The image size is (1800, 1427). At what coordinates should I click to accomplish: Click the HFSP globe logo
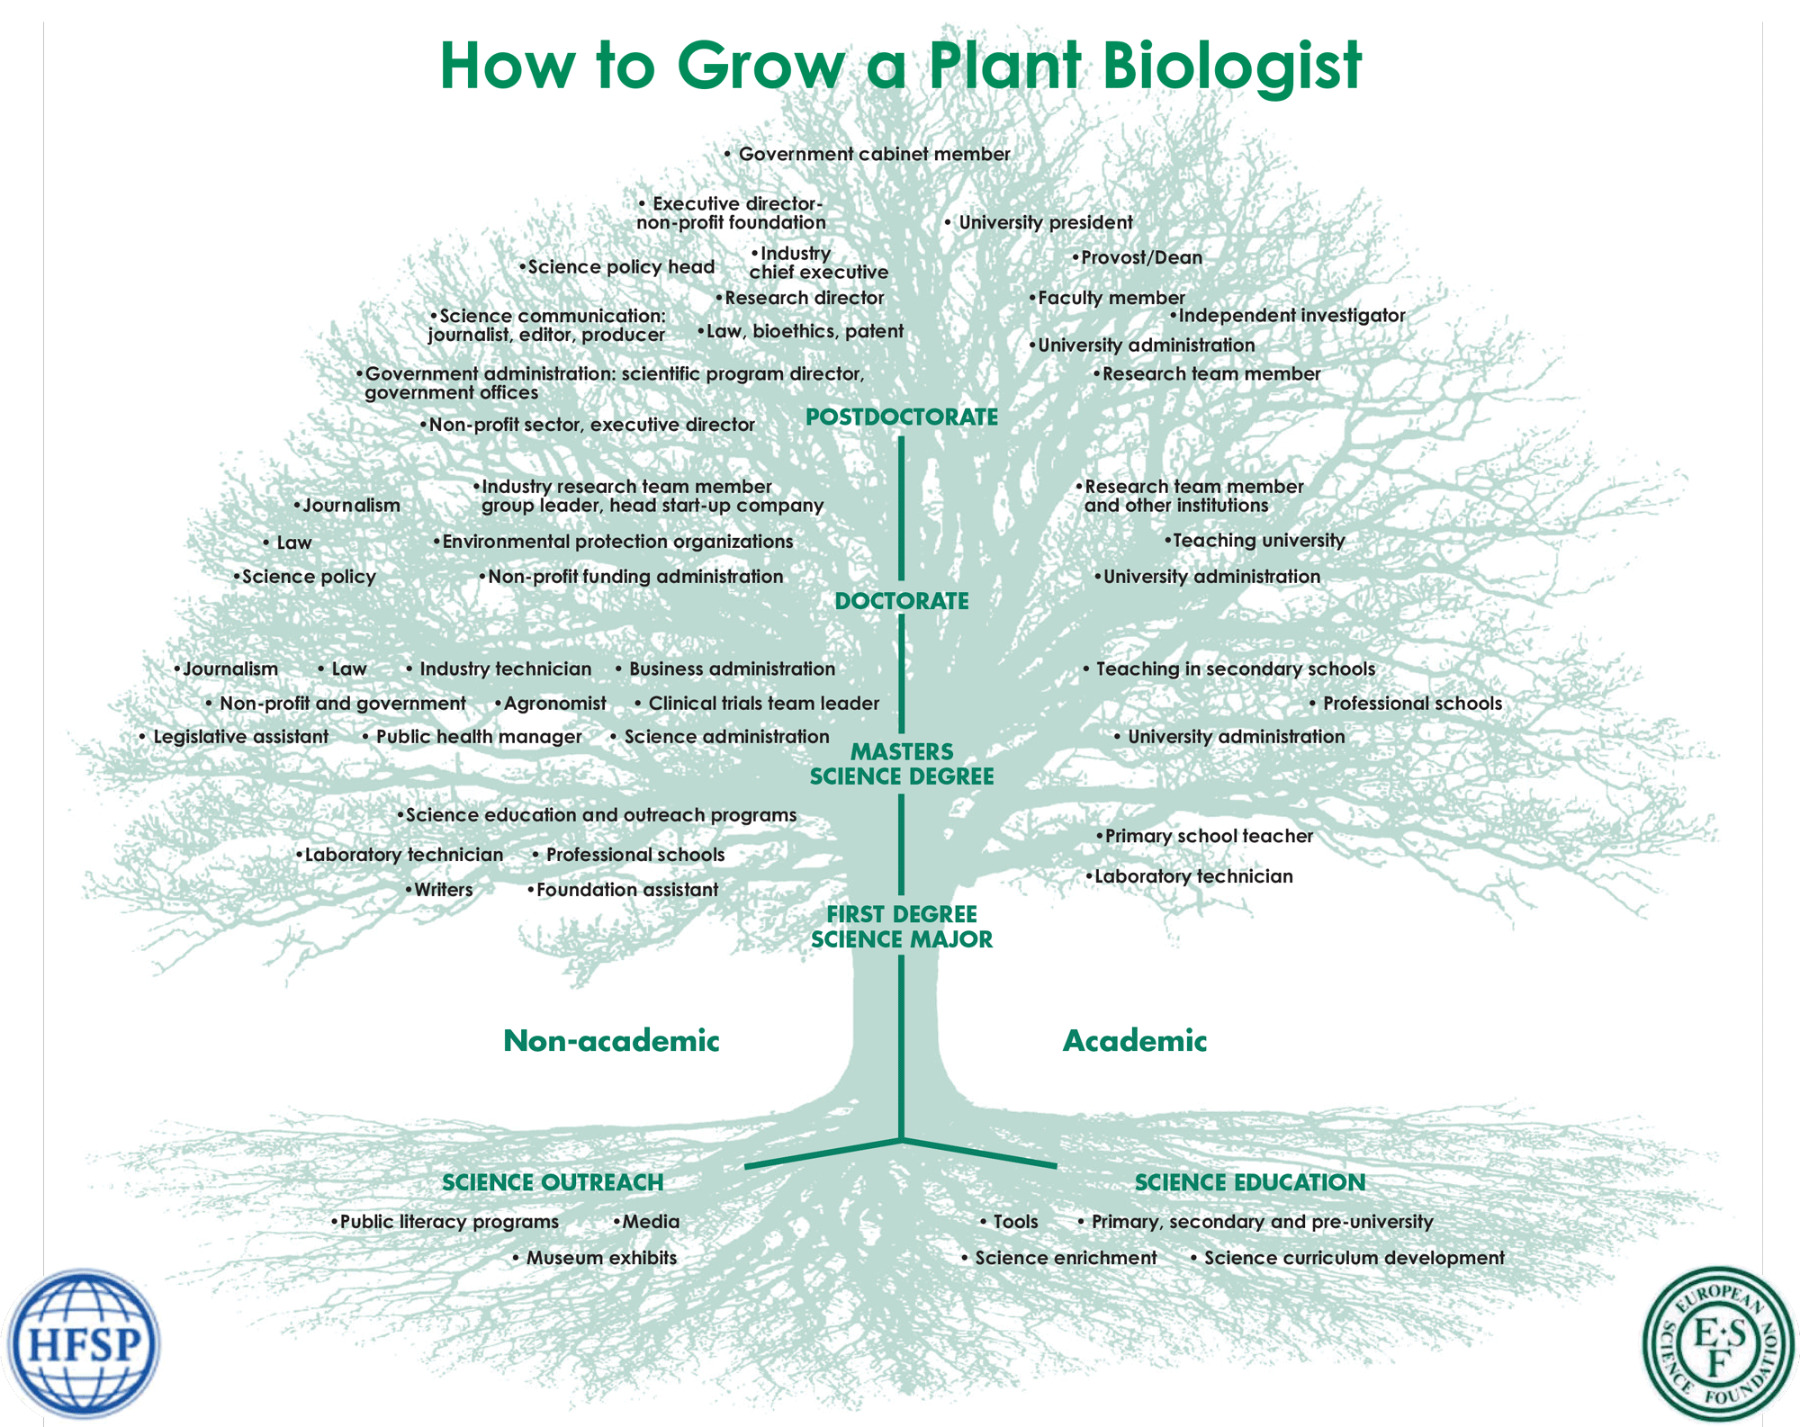[x=83, y=1344]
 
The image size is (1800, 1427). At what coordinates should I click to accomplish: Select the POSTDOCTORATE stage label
[x=901, y=417]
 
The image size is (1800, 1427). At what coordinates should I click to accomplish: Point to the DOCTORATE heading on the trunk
[x=901, y=601]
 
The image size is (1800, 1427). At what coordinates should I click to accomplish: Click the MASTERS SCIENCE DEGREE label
[x=901, y=764]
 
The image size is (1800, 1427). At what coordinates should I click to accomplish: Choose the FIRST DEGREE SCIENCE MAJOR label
[x=901, y=927]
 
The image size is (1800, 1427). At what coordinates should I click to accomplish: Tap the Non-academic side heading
[x=611, y=1041]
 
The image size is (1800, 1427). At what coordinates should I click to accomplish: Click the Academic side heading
[x=1134, y=1041]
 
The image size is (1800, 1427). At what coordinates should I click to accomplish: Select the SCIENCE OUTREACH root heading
[x=553, y=1182]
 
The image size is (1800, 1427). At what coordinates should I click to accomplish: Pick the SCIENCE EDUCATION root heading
[x=1249, y=1182]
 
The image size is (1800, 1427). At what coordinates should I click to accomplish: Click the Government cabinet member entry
[x=873, y=155]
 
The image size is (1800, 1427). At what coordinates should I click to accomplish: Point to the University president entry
[x=1044, y=222]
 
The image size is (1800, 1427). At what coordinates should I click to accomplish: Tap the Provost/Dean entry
[x=1140, y=258]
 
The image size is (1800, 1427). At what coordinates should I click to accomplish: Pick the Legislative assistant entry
[x=239, y=737]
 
